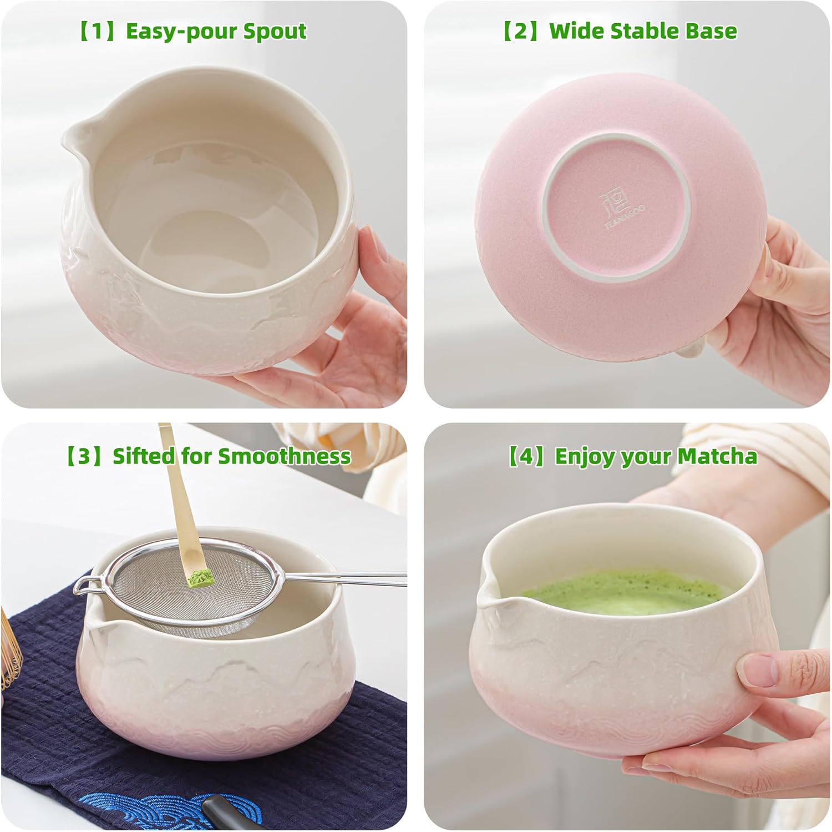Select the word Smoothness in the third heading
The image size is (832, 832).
click(284, 456)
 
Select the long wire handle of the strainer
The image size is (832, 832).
click(344, 579)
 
